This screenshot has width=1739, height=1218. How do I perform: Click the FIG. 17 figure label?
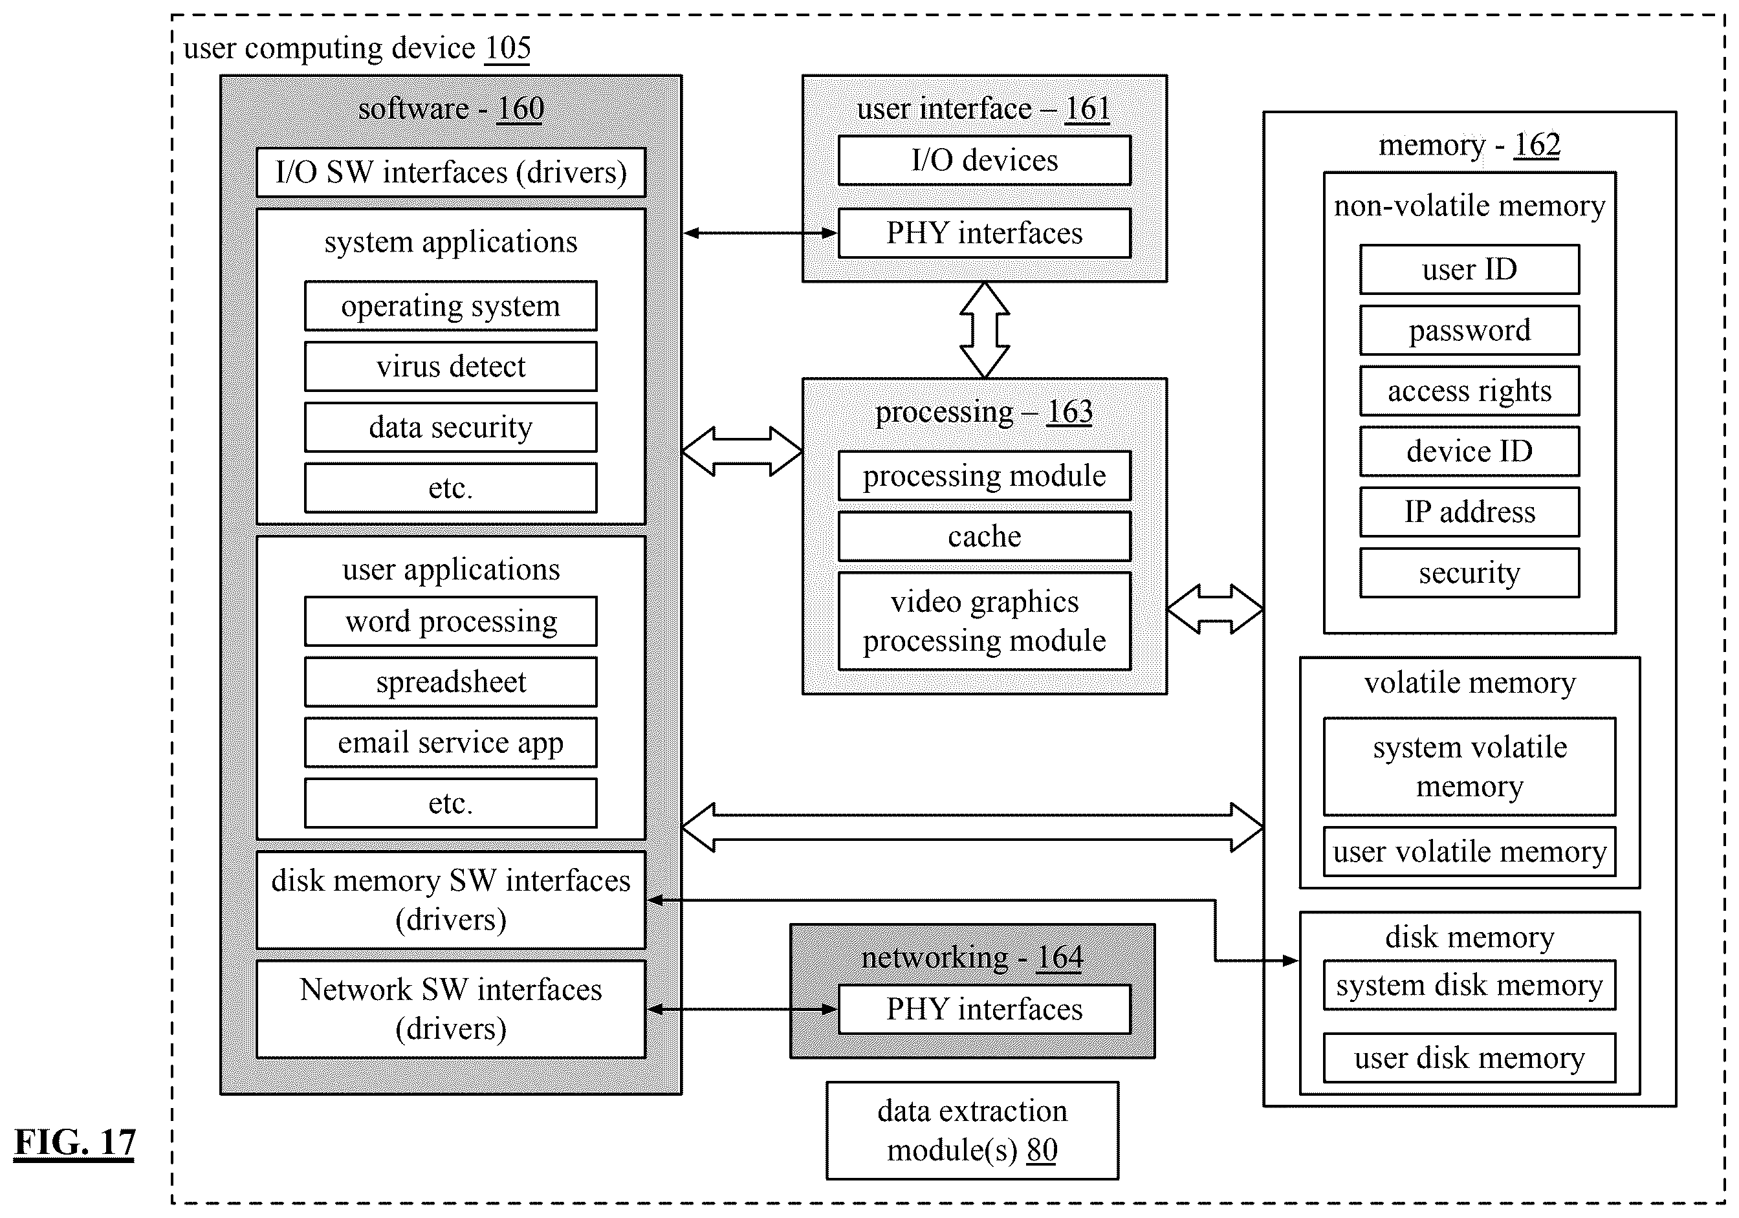coord(74,1142)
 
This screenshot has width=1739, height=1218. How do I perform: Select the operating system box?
coord(451,306)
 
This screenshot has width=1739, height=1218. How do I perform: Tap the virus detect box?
coord(451,367)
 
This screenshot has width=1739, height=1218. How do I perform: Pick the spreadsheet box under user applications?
coord(451,682)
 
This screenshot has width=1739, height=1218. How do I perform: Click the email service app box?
coord(451,743)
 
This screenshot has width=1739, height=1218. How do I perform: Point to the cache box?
coord(985,536)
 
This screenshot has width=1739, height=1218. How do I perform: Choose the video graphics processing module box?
coord(985,621)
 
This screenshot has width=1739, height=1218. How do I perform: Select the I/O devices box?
coord(985,160)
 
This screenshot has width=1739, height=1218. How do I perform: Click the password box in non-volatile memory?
coord(1469,331)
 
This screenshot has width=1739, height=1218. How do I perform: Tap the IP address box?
coord(1469,512)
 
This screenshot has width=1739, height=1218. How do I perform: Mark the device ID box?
coord(1469,451)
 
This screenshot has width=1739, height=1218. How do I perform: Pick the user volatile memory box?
coord(1469,851)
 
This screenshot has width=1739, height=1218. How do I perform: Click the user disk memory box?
coord(1469,1058)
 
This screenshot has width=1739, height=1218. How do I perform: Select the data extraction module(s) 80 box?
coord(972,1130)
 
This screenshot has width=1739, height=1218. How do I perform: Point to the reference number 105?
coord(507,49)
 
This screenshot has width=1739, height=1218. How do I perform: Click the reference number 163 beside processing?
coord(1069,412)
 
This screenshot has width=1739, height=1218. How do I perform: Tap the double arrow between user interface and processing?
coord(985,331)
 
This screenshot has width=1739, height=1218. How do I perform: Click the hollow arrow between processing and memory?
coord(1215,609)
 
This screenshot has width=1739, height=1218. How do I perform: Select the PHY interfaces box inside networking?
coord(985,1009)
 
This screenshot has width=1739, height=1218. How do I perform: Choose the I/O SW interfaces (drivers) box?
coord(451,173)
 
